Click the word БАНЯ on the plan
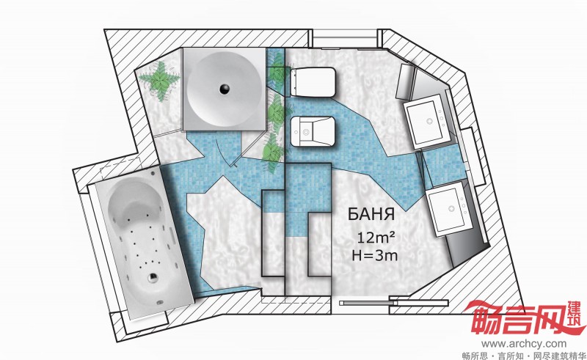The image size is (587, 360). pyautogui.click(x=371, y=214)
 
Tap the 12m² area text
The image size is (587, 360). pyautogui.click(x=376, y=237)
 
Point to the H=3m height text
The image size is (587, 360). pyautogui.click(x=375, y=255)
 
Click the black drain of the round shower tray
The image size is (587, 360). pyautogui.click(x=225, y=89)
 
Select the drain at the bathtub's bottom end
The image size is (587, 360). pyautogui.click(x=153, y=277)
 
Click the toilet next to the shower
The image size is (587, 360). pyautogui.click(x=313, y=82)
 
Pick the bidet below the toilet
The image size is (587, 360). pyautogui.click(x=313, y=131)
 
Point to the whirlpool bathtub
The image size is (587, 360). pyautogui.click(x=143, y=243)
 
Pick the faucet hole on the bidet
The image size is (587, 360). pyautogui.click(x=306, y=132)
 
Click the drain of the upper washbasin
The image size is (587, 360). pyautogui.click(x=429, y=121)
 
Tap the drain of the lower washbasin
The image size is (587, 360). pyautogui.click(x=452, y=208)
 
